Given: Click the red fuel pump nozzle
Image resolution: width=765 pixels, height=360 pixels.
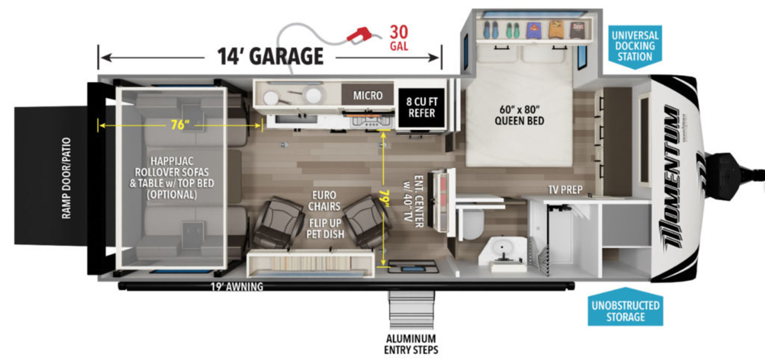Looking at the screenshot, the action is click(x=360, y=36).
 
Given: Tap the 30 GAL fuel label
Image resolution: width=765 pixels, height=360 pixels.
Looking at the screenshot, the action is click(x=399, y=38).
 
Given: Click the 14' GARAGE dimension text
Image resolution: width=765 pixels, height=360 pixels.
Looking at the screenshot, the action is click(x=270, y=56).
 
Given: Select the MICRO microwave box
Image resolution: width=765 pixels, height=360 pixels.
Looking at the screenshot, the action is click(x=367, y=94).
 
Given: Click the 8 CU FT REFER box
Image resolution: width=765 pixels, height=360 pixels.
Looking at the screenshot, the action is click(x=422, y=107).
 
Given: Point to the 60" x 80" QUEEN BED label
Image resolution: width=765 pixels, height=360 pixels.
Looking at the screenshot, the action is click(x=520, y=115).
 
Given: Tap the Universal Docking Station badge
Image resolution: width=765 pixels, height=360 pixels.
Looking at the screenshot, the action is click(x=635, y=47).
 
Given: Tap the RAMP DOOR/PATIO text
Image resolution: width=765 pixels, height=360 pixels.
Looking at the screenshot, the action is click(x=66, y=178).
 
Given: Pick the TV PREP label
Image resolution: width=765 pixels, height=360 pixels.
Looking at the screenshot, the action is click(x=565, y=190).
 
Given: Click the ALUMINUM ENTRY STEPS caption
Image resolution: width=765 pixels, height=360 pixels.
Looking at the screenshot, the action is click(x=411, y=344).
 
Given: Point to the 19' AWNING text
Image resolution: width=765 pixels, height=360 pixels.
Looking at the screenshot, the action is click(x=237, y=287).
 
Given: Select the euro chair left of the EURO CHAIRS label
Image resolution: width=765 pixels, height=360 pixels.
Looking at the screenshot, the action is click(x=279, y=222).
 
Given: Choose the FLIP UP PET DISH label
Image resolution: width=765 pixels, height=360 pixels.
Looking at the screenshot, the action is click(x=325, y=229).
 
